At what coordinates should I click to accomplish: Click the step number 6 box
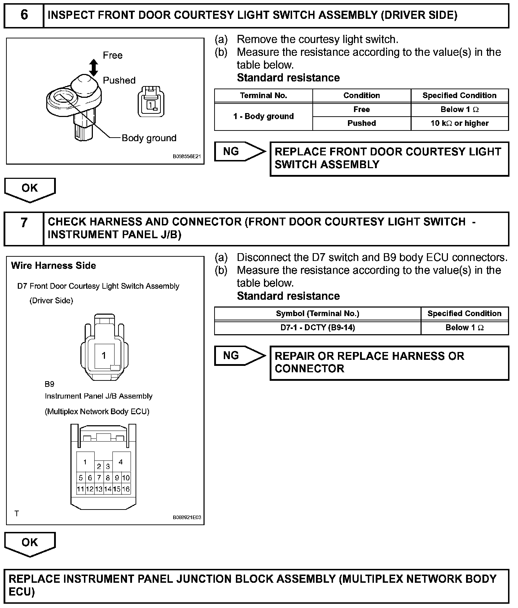click(24, 16)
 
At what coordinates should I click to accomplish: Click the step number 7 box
click(24, 228)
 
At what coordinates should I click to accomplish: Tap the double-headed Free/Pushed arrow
click(94, 68)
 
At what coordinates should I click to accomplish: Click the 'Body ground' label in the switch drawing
click(149, 138)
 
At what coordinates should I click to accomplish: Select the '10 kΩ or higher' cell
click(459, 123)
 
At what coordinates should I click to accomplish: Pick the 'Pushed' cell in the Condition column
click(361, 123)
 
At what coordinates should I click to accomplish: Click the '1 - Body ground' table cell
click(263, 116)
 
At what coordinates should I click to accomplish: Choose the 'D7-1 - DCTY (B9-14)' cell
click(317, 327)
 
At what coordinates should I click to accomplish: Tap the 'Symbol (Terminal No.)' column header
click(317, 314)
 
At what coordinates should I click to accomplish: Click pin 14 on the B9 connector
click(108, 489)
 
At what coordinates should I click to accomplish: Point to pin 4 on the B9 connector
click(121, 462)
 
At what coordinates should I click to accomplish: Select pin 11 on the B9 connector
click(81, 489)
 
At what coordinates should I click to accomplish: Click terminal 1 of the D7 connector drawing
click(104, 355)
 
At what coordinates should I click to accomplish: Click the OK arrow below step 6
click(30, 189)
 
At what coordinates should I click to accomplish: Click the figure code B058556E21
click(187, 156)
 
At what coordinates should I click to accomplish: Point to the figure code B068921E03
click(187, 517)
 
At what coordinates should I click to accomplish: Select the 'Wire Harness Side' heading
click(53, 266)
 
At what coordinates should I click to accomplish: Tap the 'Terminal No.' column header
click(263, 96)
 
